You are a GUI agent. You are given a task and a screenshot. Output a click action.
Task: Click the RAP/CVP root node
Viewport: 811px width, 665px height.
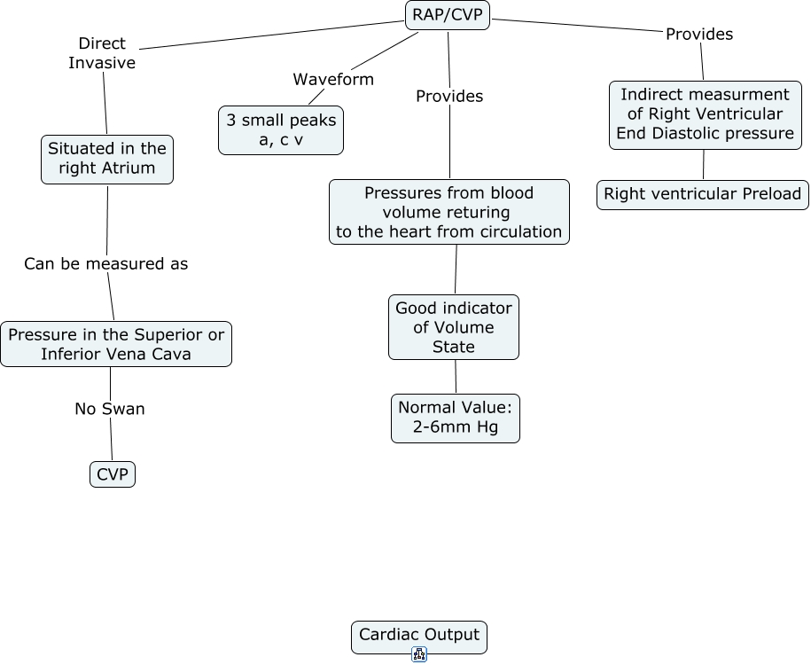tap(448, 14)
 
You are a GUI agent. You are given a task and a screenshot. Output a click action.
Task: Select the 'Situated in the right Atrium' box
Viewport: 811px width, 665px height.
tap(107, 159)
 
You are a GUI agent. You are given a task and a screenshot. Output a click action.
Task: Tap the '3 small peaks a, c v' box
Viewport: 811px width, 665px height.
tap(281, 130)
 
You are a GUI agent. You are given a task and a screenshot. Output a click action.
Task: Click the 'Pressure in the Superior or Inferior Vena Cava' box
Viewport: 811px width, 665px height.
tap(116, 344)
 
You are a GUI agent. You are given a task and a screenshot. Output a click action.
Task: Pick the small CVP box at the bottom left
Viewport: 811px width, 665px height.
tap(113, 474)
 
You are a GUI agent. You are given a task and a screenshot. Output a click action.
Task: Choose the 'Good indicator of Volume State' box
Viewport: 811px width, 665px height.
tap(454, 327)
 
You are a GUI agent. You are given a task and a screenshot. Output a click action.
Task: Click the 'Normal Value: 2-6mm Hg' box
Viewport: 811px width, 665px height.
tap(456, 418)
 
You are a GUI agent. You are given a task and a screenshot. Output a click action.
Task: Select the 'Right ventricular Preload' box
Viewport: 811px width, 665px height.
tap(703, 194)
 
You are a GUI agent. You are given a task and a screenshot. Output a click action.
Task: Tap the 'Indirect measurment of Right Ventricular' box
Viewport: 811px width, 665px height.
tap(706, 114)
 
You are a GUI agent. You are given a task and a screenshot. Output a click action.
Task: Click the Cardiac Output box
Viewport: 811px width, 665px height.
tap(419, 636)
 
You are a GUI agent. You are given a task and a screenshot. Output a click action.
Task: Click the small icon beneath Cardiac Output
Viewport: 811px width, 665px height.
tap(419, 655)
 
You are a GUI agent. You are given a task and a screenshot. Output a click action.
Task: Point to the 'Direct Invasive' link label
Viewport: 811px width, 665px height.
tap(102, 53)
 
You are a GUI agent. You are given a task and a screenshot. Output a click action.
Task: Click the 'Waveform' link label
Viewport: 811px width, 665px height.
tap(333, 79)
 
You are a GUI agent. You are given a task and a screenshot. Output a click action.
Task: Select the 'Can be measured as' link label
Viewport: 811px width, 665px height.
tap(105, 263)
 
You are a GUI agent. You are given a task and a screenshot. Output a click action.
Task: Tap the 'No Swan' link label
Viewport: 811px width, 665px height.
tap(110, 409)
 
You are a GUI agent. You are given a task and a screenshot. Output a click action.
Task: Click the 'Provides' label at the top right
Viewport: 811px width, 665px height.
tap(699, 34)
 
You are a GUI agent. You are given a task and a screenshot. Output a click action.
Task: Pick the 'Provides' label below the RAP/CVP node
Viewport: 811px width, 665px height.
tap(449, 96)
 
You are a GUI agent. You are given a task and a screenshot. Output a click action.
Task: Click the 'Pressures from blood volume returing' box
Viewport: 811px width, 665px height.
tap(449, 212)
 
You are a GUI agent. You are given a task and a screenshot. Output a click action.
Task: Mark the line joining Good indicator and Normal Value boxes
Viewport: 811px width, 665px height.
tap(456, 377)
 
